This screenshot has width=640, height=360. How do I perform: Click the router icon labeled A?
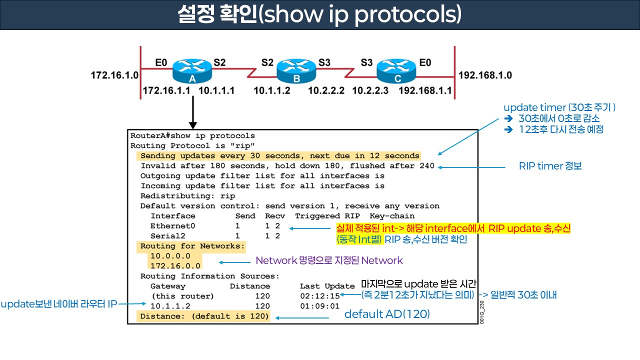pos(192,70)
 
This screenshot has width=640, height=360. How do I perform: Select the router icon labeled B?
pos(296,70)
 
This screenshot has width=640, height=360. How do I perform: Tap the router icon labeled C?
pos(396,70)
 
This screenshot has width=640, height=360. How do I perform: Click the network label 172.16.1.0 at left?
pos(114,75)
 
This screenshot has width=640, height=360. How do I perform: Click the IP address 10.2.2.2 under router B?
pos(326,91)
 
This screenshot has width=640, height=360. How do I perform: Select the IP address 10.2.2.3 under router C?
pos(369,91)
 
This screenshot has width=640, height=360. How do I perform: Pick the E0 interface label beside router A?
pos(161,62)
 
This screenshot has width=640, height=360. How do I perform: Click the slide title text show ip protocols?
pos(320,15)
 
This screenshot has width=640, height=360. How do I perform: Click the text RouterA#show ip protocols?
pos(192,136)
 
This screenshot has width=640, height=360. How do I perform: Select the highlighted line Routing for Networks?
pos(192,246)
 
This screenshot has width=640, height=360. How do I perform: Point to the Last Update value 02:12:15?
pos(319,296)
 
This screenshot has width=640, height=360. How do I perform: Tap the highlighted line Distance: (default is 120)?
pos(204,316)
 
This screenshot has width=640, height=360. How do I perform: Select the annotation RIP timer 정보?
pos(550,166)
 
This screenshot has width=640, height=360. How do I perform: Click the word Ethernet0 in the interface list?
pos(172,226)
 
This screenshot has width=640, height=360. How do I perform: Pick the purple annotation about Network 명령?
pos(329,260)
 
